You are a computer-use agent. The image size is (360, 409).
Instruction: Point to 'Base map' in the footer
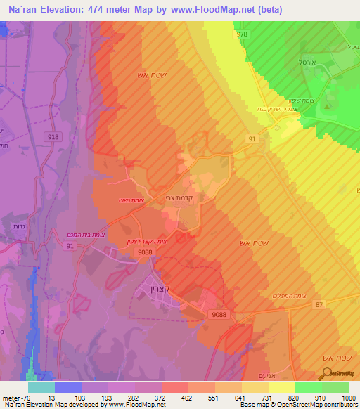253,405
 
